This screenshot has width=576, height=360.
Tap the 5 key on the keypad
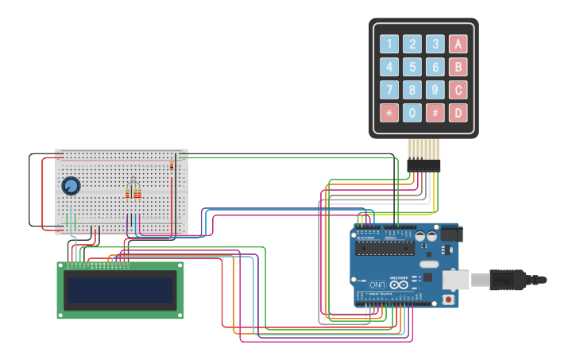tap(412, 67)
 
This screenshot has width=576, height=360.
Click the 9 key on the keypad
tap(435, 90)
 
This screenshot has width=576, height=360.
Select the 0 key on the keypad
tap(412, 113)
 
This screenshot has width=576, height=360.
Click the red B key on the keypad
tap(458, 67)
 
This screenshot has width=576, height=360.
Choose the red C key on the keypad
tap(458, 90)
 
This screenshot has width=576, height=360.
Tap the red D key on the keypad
tap(458, 113)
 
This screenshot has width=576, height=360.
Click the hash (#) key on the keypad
tap(435, 113)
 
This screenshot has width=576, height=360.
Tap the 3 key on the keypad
tap(435, 44)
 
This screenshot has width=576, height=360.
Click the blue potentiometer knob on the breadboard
tap(71, 186)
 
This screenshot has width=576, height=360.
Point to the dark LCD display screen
tap(120, 290)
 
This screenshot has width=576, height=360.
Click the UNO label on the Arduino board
tap(377, 284)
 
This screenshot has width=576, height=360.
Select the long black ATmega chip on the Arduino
tap(385, 249)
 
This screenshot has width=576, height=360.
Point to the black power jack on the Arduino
tap(450, 234)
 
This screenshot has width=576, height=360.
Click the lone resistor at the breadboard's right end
tap(172, 165)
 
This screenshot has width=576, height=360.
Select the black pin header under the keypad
tap(423, 165)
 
